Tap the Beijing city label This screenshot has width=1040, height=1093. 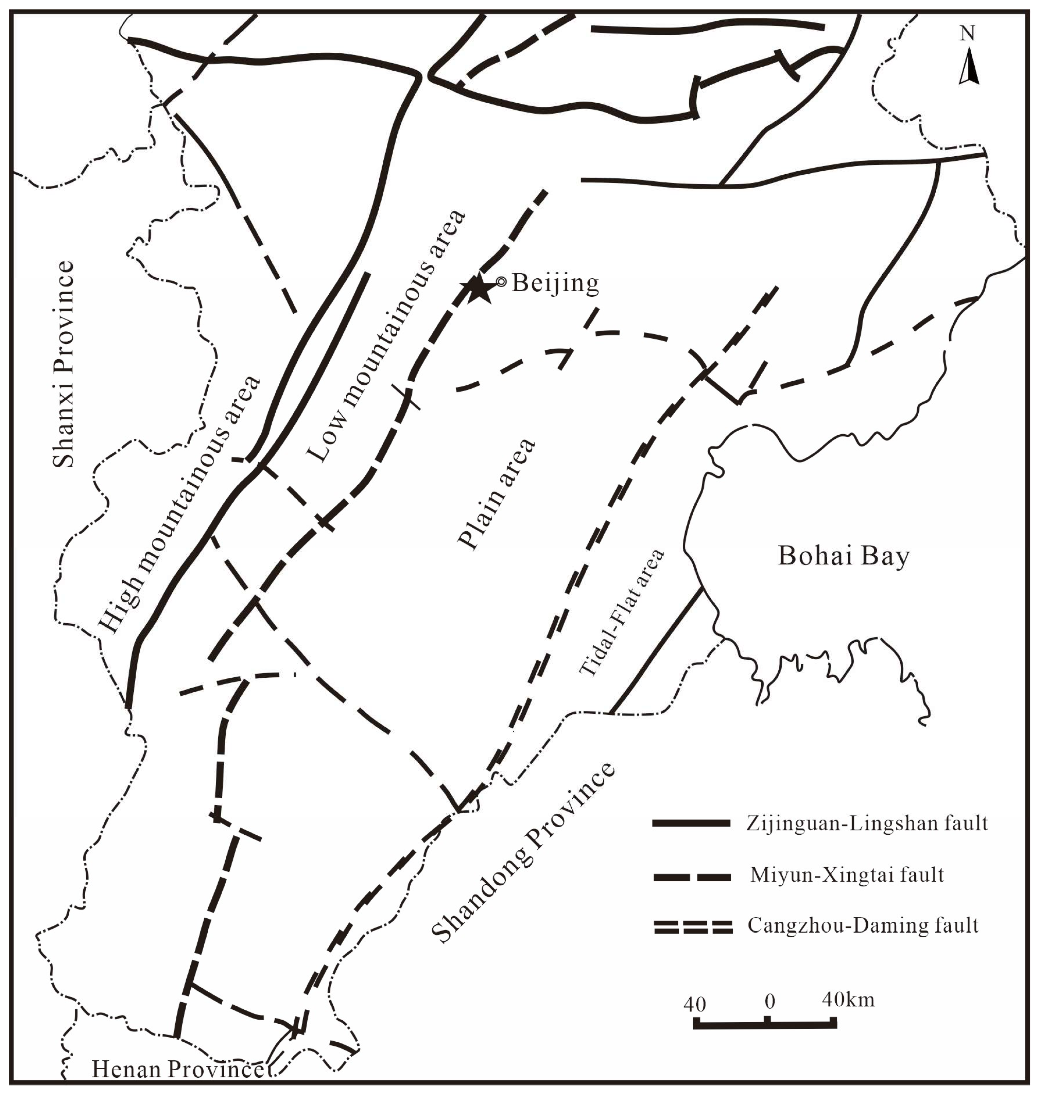pos(555,283)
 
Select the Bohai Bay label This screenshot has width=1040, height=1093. pos(844,556)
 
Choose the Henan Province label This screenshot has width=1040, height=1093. pos(177,1069)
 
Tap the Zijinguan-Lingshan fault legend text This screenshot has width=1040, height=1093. pos(866,823)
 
